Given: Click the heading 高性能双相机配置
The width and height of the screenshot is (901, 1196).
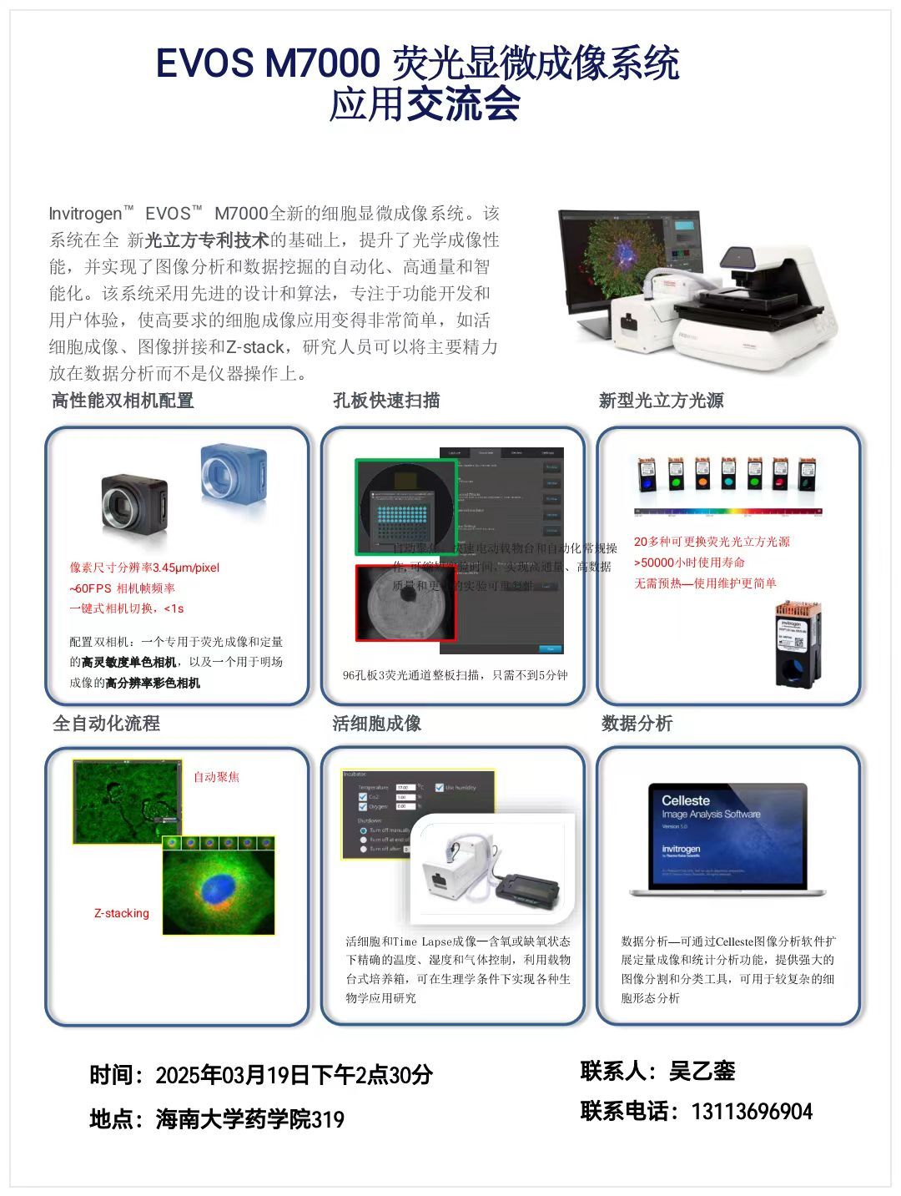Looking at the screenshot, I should point(123,401).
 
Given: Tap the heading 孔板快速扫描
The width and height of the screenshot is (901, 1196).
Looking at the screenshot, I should point(386,401).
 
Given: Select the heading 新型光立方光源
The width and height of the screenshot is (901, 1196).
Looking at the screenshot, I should point(661,401).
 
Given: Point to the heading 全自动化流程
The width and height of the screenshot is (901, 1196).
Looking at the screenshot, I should point(106,724).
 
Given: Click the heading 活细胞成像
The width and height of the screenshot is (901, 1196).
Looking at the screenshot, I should point(376,724).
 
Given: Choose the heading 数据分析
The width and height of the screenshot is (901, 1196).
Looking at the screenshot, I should point(637,724).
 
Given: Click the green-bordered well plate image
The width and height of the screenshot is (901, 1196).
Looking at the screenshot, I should point(405,507).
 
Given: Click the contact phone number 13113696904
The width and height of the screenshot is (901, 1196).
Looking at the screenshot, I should point(752,1112).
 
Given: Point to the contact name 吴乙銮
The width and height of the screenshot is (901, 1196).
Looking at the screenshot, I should point(702,1072).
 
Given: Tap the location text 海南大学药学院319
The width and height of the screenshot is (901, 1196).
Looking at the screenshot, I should point(249,1119).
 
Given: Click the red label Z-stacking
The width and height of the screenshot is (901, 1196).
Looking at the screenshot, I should point(122,913).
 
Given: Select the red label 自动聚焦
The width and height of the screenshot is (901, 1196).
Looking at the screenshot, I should point(216,777).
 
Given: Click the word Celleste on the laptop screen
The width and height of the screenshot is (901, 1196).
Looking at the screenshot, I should point(685,800).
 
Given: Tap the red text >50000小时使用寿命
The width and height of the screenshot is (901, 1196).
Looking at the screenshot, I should point(689,563).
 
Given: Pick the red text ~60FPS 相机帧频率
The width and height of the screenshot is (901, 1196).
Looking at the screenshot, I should point(122,588).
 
